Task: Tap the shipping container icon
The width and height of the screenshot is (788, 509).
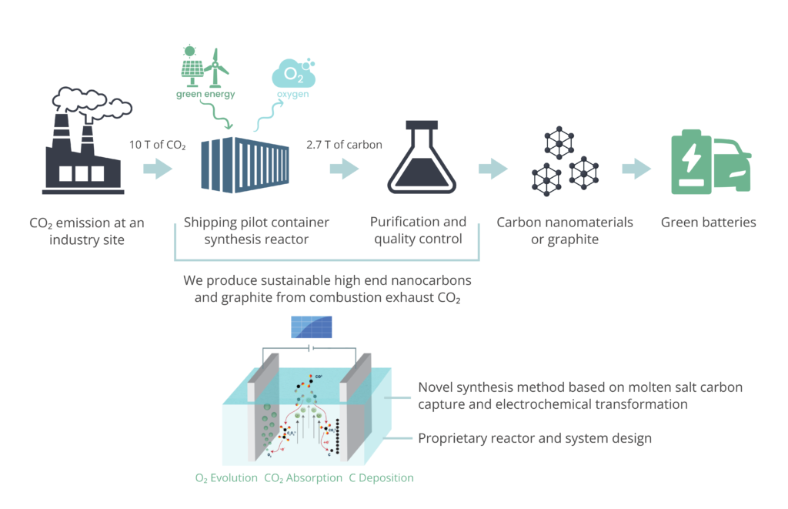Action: [x=245, y=163]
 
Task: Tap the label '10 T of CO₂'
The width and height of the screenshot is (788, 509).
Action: [x=158, y=145]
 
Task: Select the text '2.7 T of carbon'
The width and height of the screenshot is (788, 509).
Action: [x=344, y=145]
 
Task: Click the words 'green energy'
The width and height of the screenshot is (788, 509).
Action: [x=205, y=95]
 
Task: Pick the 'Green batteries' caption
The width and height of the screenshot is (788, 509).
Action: [x=708, y=223]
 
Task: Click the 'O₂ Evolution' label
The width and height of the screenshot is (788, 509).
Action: [x=226, y=478]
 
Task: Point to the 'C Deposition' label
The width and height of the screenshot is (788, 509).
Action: [x=381, y=478]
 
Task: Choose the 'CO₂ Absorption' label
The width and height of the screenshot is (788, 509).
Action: [x=302, y=478]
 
